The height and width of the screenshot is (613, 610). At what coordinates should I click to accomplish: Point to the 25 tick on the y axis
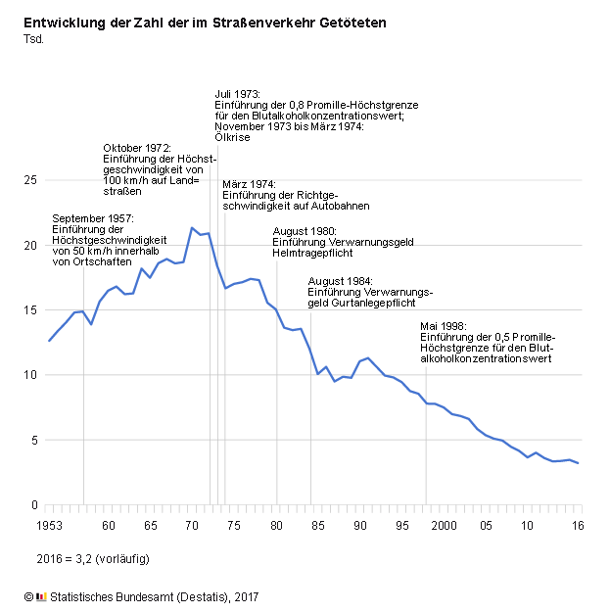click(x=31, y=180)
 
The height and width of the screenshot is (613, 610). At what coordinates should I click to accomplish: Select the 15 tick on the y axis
click(x=31, y=310)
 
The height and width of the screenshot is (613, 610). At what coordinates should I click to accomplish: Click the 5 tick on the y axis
click(x=34, y=441)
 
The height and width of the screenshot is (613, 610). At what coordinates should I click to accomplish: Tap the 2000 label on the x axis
click(x=445, y=526)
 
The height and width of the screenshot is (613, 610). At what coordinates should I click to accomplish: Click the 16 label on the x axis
click(x=579, y=526)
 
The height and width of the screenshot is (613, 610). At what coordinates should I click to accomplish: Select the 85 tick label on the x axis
click(x=319, y=526)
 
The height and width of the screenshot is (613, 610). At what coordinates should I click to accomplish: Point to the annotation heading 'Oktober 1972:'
click(x=137, y=148)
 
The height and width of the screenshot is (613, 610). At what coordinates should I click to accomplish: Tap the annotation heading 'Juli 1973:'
click(x=238, y=93)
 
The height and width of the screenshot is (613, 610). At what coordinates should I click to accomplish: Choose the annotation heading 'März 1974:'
click(x=249, y=184)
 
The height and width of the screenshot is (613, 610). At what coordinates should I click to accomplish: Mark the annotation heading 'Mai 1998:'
click(x=444, y=326)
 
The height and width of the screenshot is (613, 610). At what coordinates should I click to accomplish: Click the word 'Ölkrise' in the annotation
click(x=232, y=137)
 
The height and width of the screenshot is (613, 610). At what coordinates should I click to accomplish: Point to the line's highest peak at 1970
click(x=191, y=227)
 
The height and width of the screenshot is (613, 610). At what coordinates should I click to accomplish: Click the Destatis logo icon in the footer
click(x=40, y=596)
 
